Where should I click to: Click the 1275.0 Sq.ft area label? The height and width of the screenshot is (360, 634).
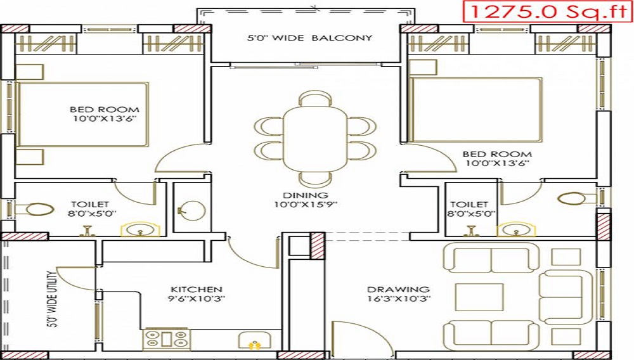coord(547,11)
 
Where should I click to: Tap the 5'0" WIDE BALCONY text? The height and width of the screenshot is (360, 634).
coord(309,38)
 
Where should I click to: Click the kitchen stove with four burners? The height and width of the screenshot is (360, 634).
coord(167,339)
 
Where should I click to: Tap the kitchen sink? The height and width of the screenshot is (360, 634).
coord(254,342)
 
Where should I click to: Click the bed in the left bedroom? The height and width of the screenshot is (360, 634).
coord(82,114)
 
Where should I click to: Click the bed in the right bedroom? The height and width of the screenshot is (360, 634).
coord(475,110)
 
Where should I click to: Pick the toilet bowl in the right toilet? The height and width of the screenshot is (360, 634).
coord(574,198)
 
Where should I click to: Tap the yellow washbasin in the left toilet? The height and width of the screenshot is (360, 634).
coord(135,229)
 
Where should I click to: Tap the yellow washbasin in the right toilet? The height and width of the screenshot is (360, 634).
coord(512,229)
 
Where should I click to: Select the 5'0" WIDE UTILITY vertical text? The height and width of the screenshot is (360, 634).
coord(53,297)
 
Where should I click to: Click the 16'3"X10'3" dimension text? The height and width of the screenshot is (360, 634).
coord(399,299)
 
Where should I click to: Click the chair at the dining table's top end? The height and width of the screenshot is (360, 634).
coord(314,98)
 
